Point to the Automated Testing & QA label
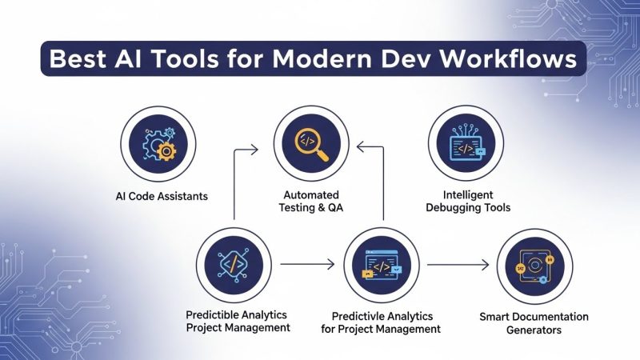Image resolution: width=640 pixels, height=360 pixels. (x=311, y=202)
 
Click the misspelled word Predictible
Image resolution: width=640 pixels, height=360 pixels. (x=215, y=314)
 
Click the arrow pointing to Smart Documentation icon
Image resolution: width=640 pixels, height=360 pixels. (x=458, y=263)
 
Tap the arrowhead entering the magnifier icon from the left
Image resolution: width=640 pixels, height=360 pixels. (x=253, y=148)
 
